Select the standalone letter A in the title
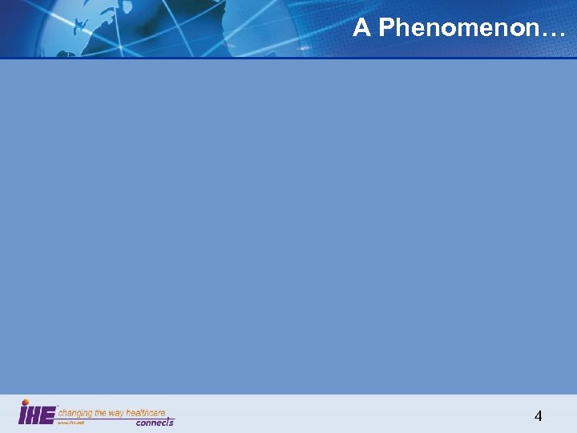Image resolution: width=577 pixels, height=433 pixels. point(361,28)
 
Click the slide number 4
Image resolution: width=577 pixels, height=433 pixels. point(538,415)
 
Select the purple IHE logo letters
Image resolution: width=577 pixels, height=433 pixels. point(37,415)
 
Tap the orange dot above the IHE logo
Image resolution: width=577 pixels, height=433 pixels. point(25,403)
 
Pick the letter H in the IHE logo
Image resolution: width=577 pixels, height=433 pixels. point(36,415)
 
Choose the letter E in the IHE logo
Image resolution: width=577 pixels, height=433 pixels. point(48,415)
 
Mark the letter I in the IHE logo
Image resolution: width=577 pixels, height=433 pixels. point(23,415)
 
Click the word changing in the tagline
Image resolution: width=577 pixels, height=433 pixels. point(75,413)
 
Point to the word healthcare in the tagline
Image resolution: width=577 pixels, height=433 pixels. point(148,413)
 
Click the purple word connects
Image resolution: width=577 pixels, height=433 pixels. point(155,423)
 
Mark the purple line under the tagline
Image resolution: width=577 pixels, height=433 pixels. point(112,419)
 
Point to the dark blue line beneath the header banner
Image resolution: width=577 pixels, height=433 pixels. point(288,58)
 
